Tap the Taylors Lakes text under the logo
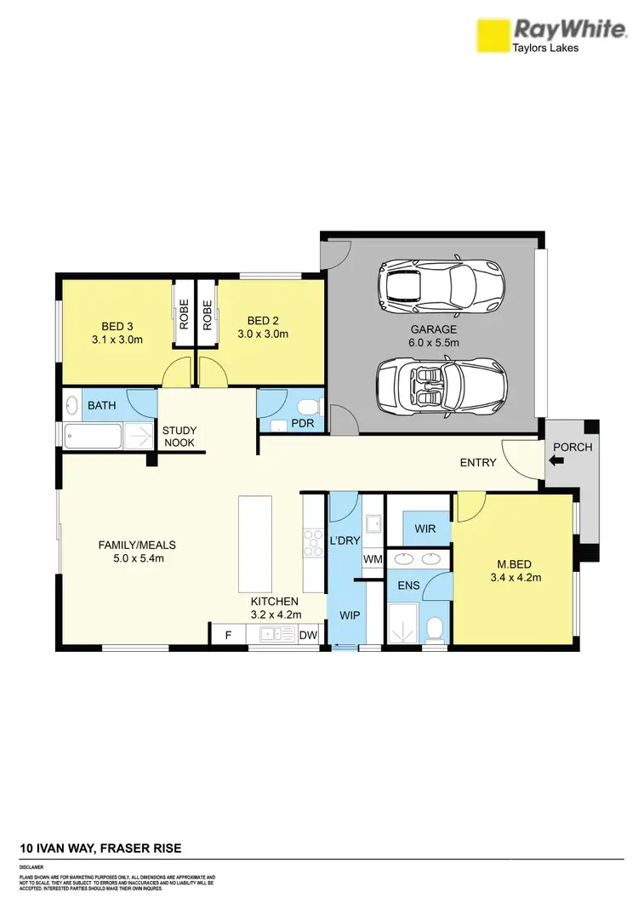click(x=544, y=49)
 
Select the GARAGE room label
click(x=433, y=329)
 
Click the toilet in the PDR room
click(x=310, y=406)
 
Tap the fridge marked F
click(x=227, y=634)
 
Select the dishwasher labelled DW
click(x=308, y=634)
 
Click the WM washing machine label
click(x=372, y=559)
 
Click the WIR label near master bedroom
click(x=425, y=529)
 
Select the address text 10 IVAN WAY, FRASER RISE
click(x=100, y=849)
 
